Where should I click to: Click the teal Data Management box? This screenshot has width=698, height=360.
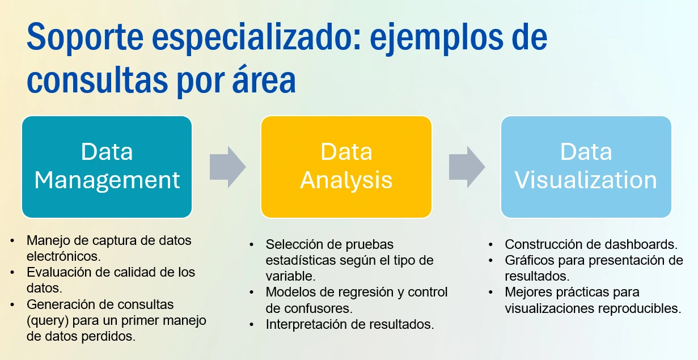(x=107, y=167)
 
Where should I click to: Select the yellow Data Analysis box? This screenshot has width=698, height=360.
(x=346, y=167)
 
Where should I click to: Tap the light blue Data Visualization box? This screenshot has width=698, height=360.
(x=586, y=167)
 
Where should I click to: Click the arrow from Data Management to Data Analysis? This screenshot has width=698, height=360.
(x=228, y=167)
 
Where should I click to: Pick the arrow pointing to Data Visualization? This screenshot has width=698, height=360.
(x=467, y=167)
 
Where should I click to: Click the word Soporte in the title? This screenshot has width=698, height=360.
(x=85, y=38)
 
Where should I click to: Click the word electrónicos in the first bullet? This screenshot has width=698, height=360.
(x=64, y=256)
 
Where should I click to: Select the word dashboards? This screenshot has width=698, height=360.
(x=641, y=244)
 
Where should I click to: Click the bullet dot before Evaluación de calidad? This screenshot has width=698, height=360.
(x=12, y=273)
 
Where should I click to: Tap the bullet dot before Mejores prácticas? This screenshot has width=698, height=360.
(x=491, y=293)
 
